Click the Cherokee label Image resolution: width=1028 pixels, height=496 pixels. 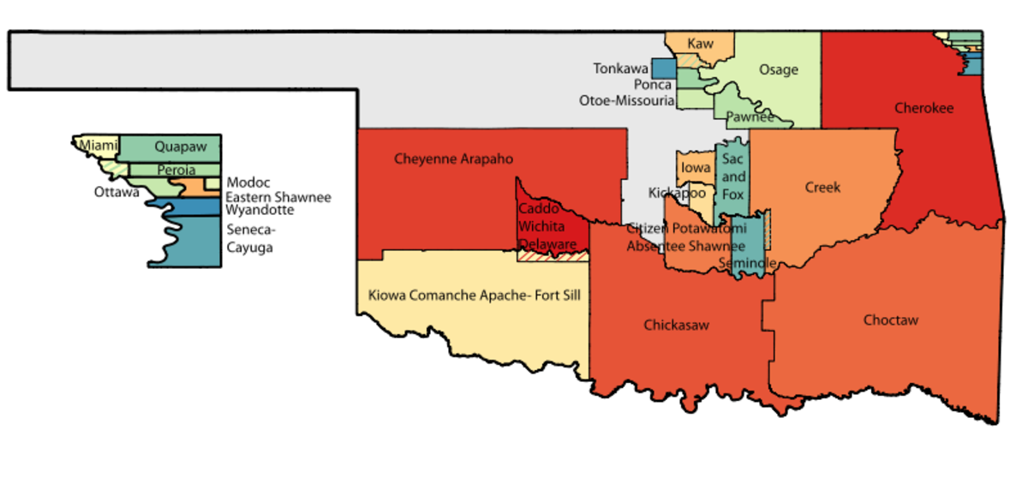(923, 109)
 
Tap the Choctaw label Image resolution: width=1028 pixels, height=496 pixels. (890, 320)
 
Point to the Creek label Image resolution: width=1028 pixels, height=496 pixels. (822, 188)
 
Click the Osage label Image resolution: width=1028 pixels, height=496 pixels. (778, 70)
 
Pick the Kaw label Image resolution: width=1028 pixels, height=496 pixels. (700, 44)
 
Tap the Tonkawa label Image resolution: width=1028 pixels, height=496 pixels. (620, 69)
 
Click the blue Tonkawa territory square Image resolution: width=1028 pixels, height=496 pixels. (663, 69)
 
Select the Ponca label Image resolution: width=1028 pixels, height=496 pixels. (653, 85)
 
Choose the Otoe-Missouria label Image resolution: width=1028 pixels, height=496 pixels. (626, 100)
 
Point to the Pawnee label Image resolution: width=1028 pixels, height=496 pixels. (750, 117)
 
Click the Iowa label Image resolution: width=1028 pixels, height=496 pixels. (696, 169)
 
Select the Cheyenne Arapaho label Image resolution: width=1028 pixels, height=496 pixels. (453, 158)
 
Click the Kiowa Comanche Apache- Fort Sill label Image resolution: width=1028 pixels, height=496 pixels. (474, 296)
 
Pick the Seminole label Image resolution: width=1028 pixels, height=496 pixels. (748, 262)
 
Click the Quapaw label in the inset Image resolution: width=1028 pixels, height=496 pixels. (181, 147)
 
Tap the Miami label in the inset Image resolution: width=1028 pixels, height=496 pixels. (99, 146)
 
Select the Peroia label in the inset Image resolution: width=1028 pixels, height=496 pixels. (176, 170)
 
